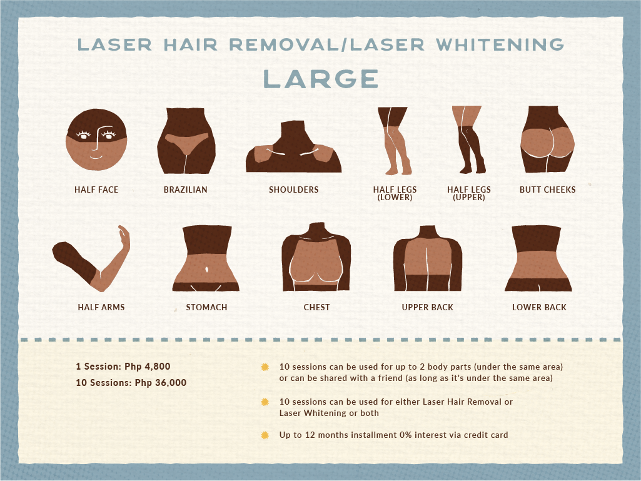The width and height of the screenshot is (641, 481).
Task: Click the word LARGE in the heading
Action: coord(321,79)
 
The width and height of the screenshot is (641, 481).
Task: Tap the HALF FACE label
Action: coord(96,190)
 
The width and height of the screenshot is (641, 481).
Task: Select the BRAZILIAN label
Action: coord(186,190)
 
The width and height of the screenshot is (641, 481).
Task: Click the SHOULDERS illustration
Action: coord(293,146)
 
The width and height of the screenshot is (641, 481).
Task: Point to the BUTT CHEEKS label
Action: coord(548,190)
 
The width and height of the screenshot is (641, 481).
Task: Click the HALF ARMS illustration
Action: coord(91,258)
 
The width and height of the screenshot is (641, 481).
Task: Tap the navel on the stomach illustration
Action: coord(207,269)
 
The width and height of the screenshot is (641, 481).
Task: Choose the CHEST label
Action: coord(317,307)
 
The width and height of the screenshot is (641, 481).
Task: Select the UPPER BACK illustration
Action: coord(428,258)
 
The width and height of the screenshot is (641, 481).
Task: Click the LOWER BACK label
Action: coord(540,307)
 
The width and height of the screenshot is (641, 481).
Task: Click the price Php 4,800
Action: coord(148,367)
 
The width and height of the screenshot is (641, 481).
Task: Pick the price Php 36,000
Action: coord(161,383)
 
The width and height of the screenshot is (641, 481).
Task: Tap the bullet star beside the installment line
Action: coord(265,435)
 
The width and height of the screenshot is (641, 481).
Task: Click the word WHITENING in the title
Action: coord(500,44)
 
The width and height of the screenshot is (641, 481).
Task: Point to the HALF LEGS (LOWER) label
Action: coord(395,193)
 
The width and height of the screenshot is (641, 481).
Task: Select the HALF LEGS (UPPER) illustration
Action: coord(468,139)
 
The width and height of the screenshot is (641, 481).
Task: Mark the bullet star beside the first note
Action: coord(265,367)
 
